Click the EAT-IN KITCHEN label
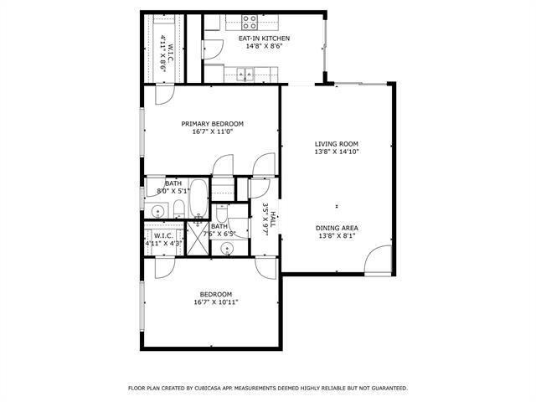[x=264, y=38]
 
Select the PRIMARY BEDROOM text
[x=212, y=123]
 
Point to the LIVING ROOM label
[x=336, y=143]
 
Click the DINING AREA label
[x=337, y=228]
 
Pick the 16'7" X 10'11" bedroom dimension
[x=215, y=302]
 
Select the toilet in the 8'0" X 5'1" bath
[x=178, y=209]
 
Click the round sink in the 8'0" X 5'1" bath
[x=157, y=210]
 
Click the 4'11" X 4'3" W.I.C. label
[x=162, y=235]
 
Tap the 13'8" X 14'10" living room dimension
[x=336, y=152]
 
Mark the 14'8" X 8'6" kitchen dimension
[x=264, y=47]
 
